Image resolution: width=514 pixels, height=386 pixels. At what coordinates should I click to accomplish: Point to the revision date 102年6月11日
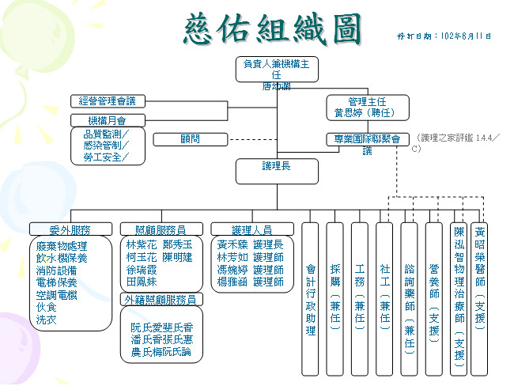click(x=444, y=36)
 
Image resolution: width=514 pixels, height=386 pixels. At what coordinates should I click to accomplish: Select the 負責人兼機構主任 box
click(x=277, y=69)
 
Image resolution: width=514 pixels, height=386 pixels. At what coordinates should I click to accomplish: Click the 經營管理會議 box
click(x=108, y=101)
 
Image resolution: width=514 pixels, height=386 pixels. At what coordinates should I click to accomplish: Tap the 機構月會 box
click(x=108, y=120)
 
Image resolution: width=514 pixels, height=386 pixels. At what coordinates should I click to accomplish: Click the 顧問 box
click(x=190, y=139)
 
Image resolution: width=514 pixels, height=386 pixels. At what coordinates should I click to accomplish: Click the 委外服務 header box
click(x=70, y=229)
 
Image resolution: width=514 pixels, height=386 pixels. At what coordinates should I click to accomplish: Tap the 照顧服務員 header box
click(x=161, y=229)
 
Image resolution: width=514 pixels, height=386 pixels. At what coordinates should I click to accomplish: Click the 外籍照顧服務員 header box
click(x=161, y=299)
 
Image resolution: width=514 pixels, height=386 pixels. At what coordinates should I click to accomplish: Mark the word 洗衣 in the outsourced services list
click(x=45, y=320)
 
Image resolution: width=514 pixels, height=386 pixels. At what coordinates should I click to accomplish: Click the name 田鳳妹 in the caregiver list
click(x=142, y=282)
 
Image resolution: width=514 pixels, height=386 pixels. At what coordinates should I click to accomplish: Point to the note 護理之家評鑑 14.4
click(x=457, y=138)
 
